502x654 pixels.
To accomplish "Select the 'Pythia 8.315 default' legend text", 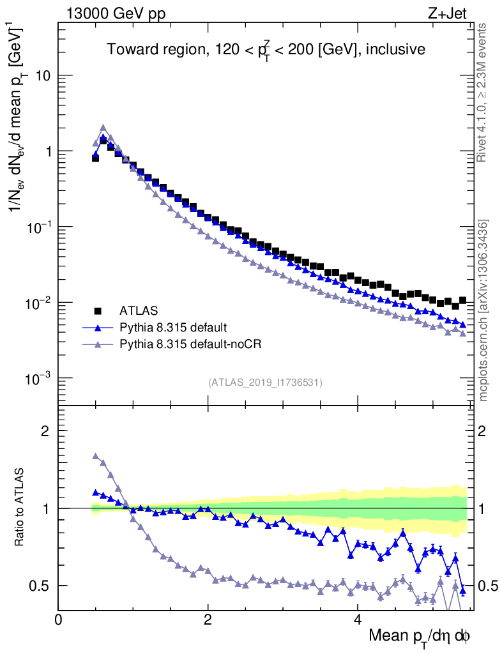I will click(172, 328).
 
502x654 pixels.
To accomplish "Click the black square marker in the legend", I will click(98, 311).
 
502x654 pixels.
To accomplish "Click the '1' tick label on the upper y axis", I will click(47, 151).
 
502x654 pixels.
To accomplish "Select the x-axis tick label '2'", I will click(208, 619).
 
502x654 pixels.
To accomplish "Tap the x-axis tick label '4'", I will click(357, 619).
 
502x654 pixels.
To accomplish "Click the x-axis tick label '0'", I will click(59, 619).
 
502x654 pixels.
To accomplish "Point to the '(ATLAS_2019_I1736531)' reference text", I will click(265, 383).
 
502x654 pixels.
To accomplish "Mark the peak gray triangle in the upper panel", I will click(103, 128).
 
